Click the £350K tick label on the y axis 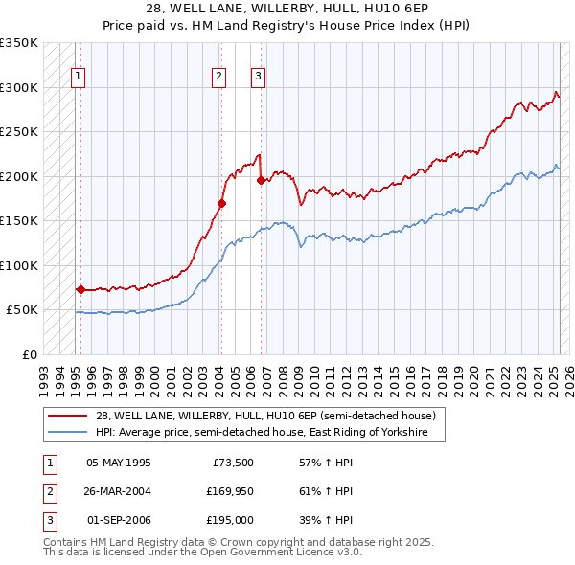coord(19,43)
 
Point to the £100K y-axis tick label coord(19,265)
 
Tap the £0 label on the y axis coord(29,354)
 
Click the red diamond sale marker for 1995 coord(80,288)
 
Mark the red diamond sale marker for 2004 coord(221,203)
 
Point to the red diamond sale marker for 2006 coord(261,181)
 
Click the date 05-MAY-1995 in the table coord(119,463)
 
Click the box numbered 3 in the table coord(48,520)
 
